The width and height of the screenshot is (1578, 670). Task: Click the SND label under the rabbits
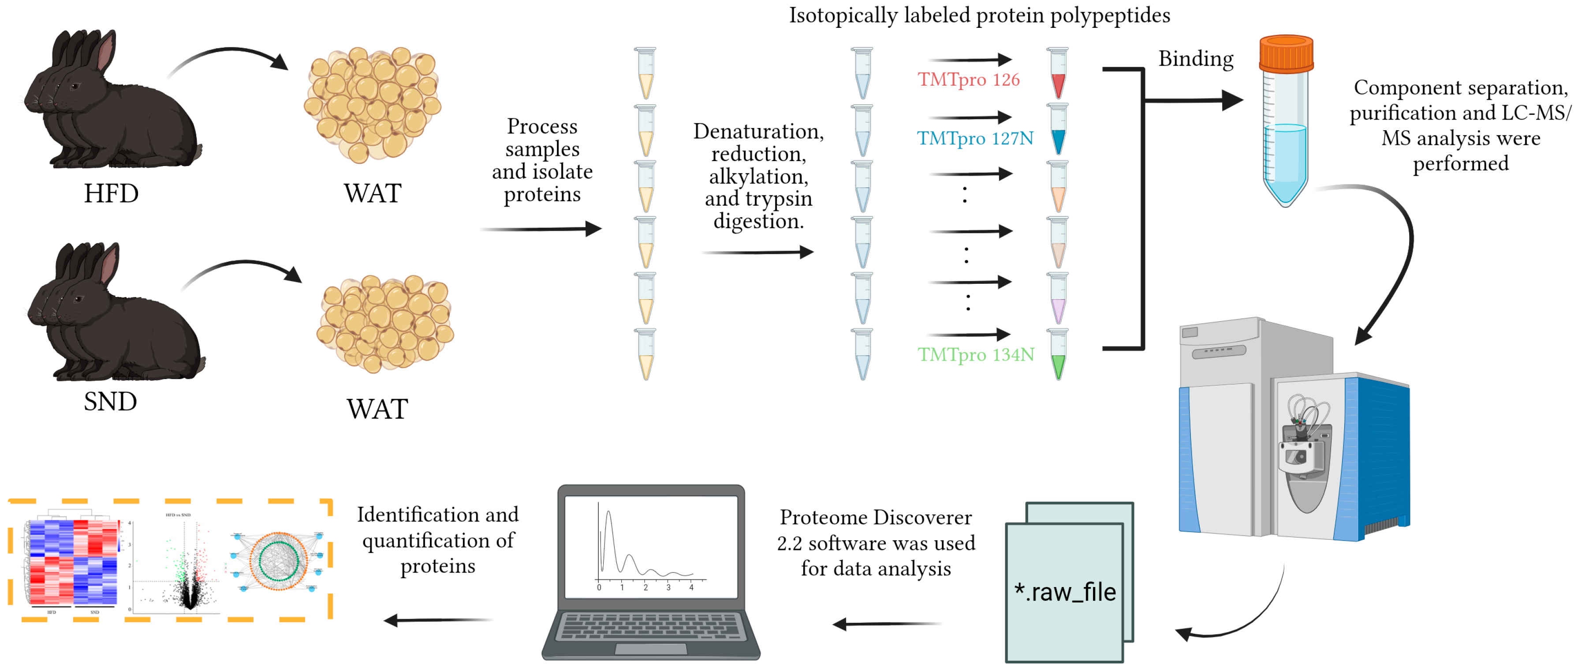click(x=110, y=402)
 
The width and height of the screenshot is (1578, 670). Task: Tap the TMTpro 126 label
click(x=969, y=80)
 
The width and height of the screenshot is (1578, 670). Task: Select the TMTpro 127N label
click(x=974, y=139)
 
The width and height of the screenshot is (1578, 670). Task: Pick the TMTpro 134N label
click(x=975, y=355)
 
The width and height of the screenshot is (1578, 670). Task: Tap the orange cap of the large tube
click(x=1286, y=53)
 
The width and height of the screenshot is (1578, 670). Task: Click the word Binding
click(x=1195, y=59)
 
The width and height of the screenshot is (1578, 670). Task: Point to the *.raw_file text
click(x=1065, y=592)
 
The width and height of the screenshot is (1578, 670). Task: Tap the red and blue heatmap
click(x=72, y=563)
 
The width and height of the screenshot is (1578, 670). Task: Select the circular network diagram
click(x=278, y=561)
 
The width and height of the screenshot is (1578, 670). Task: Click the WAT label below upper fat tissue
click(x=373, y=194)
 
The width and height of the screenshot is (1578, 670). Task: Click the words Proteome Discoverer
click(x=875, y=518)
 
